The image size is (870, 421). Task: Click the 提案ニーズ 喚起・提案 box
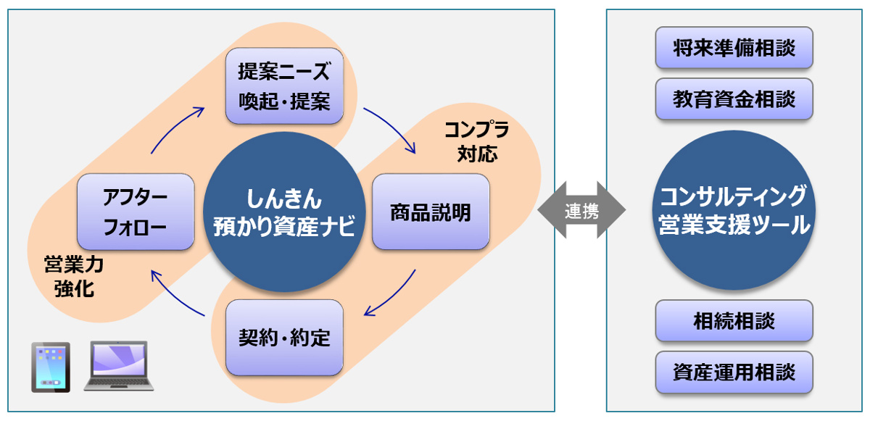tap(284, 86)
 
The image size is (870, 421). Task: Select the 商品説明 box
tap(430, 213)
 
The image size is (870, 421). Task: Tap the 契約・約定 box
tap(284, 337)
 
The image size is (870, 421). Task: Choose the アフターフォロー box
tap(136, 212)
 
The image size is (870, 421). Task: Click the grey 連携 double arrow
tap(581, 210)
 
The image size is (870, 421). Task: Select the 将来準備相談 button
tap(734, 49)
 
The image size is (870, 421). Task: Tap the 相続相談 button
tap(734, 320)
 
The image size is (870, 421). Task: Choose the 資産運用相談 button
tap(734, 372)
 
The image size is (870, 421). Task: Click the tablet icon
tap(51, 367)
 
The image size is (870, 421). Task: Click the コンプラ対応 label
tap(476, 142)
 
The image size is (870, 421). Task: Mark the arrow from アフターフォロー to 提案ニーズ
tap(176, 127)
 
